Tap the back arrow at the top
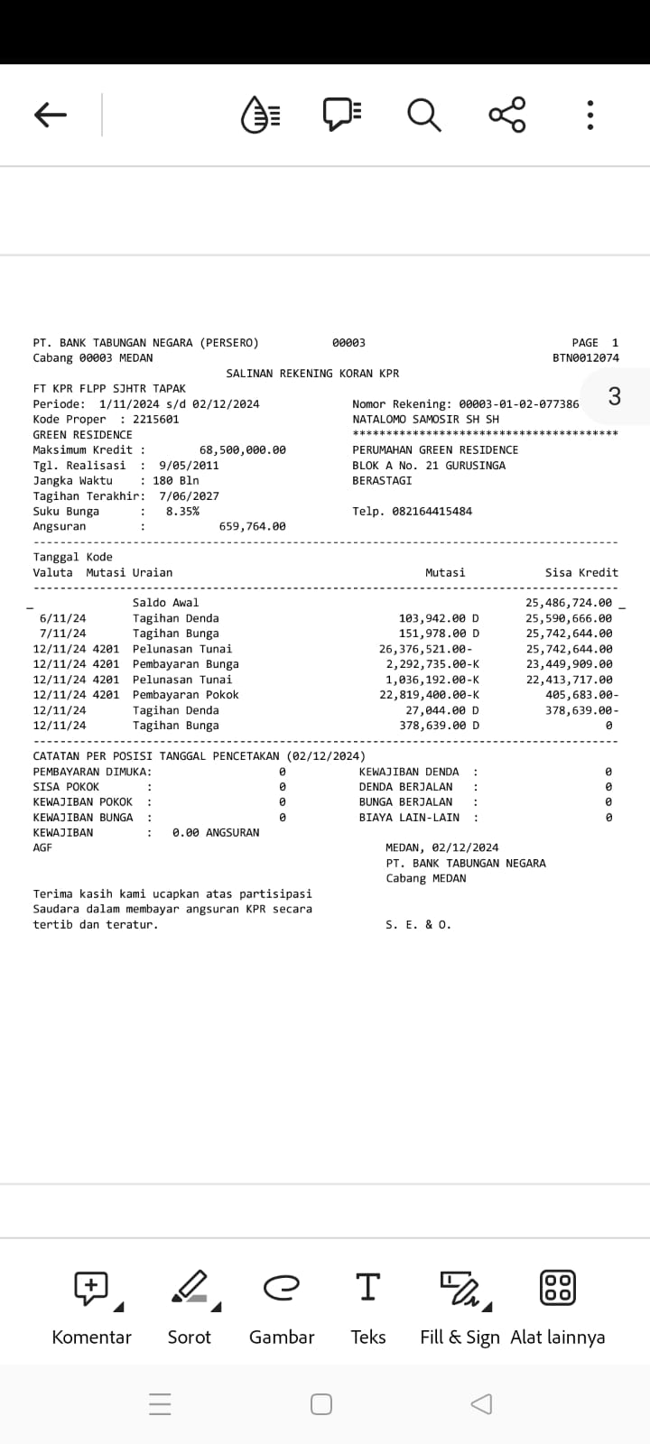pos(51,115)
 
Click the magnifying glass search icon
pos(423,115)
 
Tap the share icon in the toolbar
pos(507,115)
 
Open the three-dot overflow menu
pos(590,115)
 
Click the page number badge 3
pos(615,396)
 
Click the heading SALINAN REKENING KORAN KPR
pos(312,374)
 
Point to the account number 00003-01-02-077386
pos(519,404)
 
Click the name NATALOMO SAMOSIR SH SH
pos(425,420)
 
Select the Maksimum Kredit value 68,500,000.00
pos(242,450)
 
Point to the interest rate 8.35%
pos(182,512)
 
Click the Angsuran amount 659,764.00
pos(252,527)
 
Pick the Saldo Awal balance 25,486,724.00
pos(569,603)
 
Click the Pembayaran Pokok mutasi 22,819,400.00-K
pos(429,695)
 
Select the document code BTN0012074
pos(586,358)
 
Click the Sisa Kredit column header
pos(581,573)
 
